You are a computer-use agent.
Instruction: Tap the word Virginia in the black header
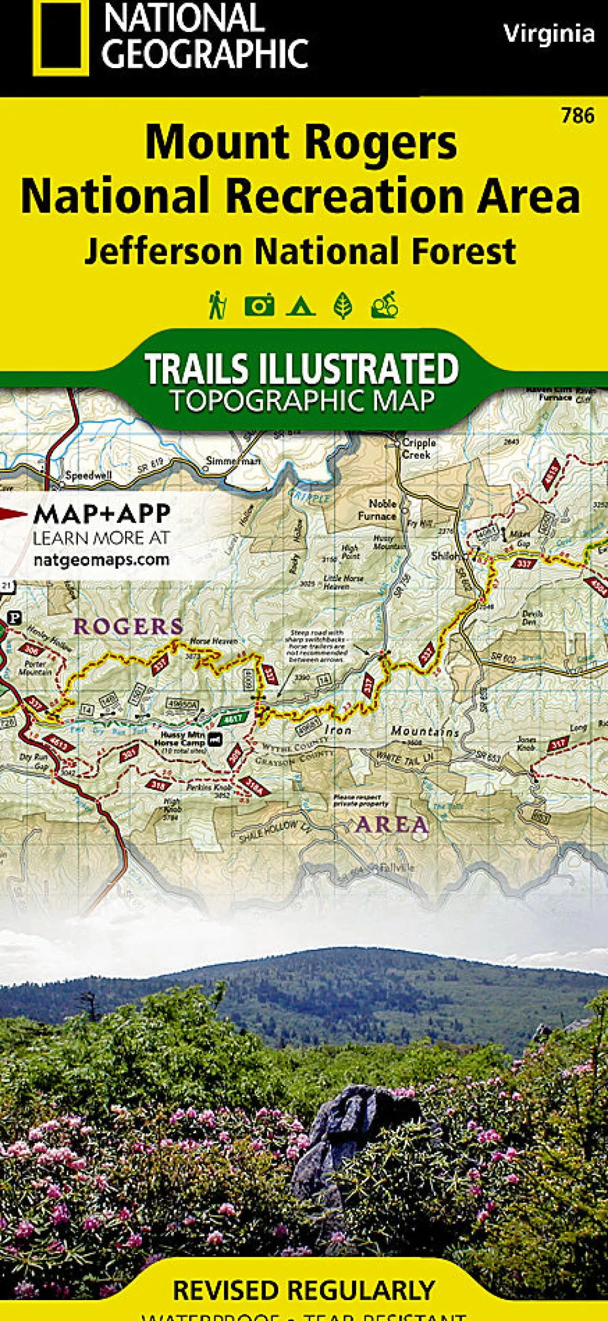point(549,33)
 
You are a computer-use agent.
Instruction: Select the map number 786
point(577,115)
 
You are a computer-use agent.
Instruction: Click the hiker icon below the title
point(217,305)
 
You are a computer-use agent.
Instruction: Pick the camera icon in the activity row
point(259,305)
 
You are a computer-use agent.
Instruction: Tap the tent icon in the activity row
point(300,305)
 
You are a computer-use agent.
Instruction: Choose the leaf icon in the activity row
point(343,305)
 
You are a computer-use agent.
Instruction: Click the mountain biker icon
point(385,305)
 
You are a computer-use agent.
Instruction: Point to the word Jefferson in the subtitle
point(163,252)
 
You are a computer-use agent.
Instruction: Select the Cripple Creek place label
point(419,449)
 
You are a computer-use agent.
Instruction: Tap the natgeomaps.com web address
point(101,560)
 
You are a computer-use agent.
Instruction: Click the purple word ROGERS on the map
point(128,626)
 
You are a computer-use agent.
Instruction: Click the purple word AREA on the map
point(392,824)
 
